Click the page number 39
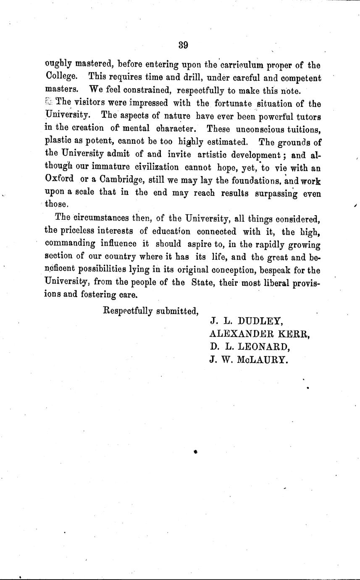pos(183,46)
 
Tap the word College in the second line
pos(61,77)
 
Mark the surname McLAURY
pos(263,360)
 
